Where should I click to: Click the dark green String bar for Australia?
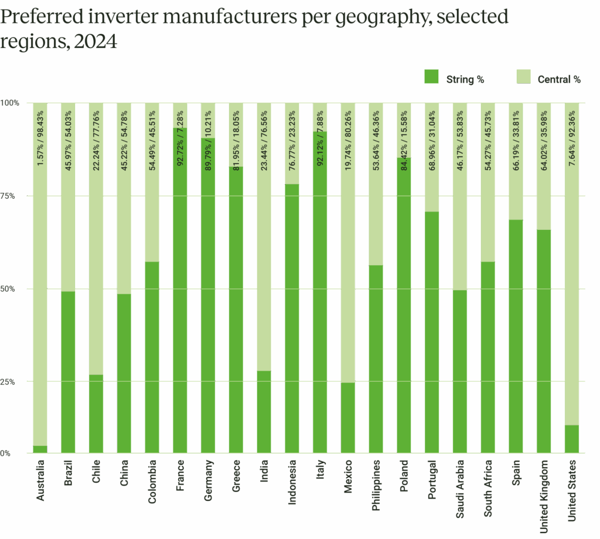click(40, 449)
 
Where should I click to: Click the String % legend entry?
click(454, 79)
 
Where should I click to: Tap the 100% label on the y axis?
click(11, 103)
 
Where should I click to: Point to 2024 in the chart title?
click(93, 42)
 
